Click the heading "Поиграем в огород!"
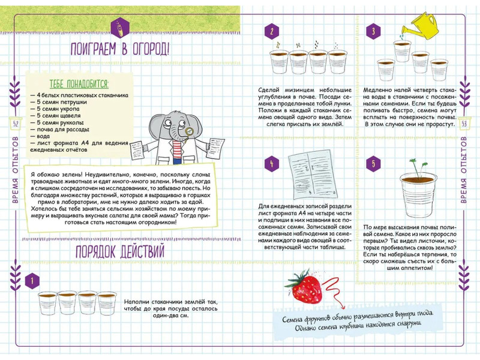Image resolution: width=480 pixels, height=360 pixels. (x=120, y=49)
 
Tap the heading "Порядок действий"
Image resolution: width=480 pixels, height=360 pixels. (x=120, y=251)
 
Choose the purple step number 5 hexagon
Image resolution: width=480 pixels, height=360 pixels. (x=373, y=163)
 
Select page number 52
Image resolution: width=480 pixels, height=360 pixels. (x=16, y=124)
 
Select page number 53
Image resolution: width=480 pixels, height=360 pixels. (x=464, y=124)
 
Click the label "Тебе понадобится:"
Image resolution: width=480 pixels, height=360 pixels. (x=74, y=84)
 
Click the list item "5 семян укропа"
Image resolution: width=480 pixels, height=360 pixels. (x=57, y=109)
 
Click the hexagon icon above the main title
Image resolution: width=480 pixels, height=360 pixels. (x=120, y=27)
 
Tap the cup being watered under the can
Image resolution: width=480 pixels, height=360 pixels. (x=402, y=50)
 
